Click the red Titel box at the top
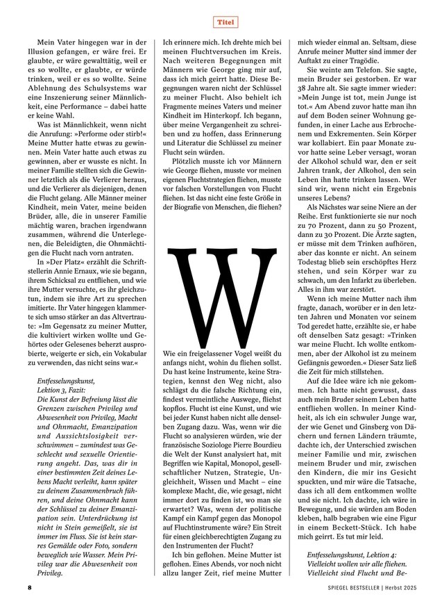coord(222,22)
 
